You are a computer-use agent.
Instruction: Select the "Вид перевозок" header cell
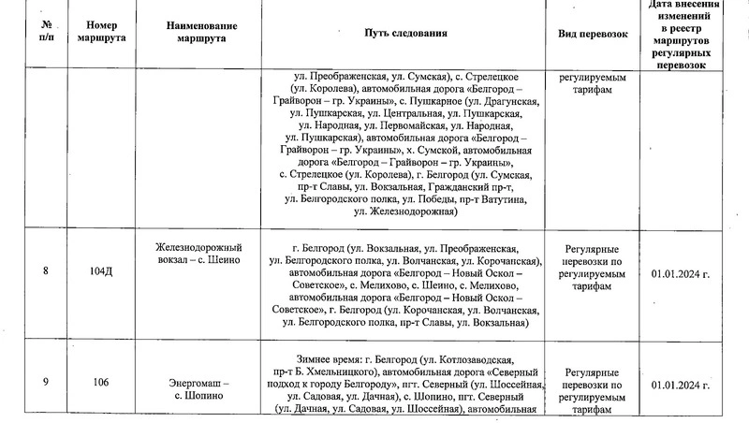[592, 33]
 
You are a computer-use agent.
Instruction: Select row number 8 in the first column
[47, 271]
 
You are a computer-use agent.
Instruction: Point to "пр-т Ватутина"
[492, 200]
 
